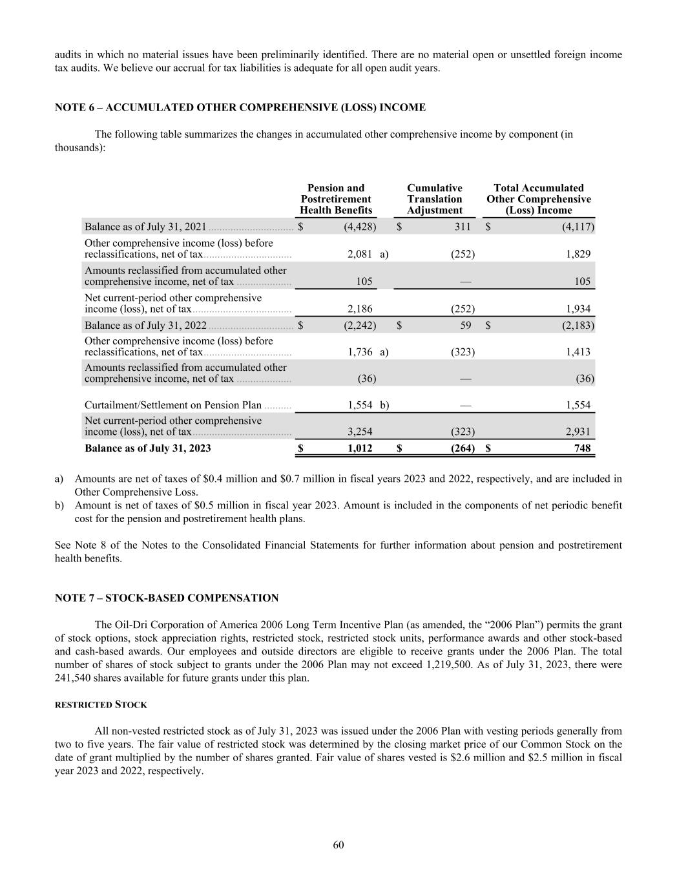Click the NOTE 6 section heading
coord(240,108)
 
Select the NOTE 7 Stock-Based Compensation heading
coord(167,598)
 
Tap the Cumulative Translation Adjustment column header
coord(435,199)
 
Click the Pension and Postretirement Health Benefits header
coord(336,199)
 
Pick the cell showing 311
coord(463,227)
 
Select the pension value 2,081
coord(360,255)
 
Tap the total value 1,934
coord(578,310)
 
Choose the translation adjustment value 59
coord(466,326)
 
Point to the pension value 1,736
coord(360,352)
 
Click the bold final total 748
coord(582,448)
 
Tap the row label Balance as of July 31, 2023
coord(148,448)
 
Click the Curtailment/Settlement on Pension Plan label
coord(173,406)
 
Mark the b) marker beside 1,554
coord(384,406)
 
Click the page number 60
coord(338,846)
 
